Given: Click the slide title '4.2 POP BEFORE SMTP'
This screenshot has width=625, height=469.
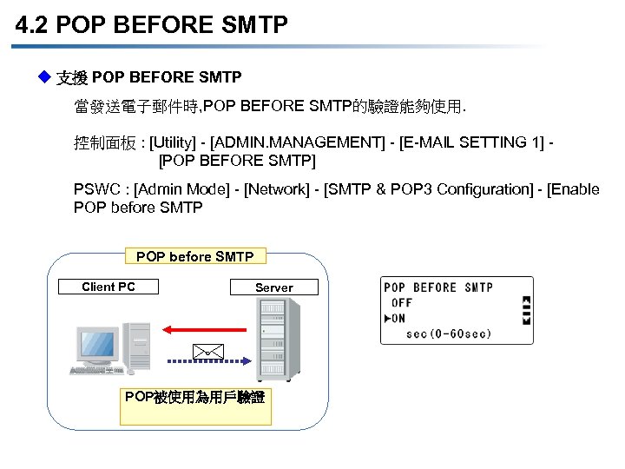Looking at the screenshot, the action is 151,25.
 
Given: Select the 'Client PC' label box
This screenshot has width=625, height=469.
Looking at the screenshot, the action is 109,287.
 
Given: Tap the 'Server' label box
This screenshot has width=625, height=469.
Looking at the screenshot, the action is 273,287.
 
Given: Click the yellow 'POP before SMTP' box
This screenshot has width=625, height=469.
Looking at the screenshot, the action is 194,256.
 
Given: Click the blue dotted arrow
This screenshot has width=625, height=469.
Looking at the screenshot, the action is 209,360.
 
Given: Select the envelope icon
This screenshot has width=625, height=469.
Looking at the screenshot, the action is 207,351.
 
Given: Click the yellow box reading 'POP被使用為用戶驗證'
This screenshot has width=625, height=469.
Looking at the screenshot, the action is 194,399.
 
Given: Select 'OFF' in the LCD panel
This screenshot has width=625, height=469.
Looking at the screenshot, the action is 402,302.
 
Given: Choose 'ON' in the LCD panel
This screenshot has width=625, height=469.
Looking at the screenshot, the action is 398,318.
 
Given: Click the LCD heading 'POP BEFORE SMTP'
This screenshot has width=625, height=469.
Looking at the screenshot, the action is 438,287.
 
